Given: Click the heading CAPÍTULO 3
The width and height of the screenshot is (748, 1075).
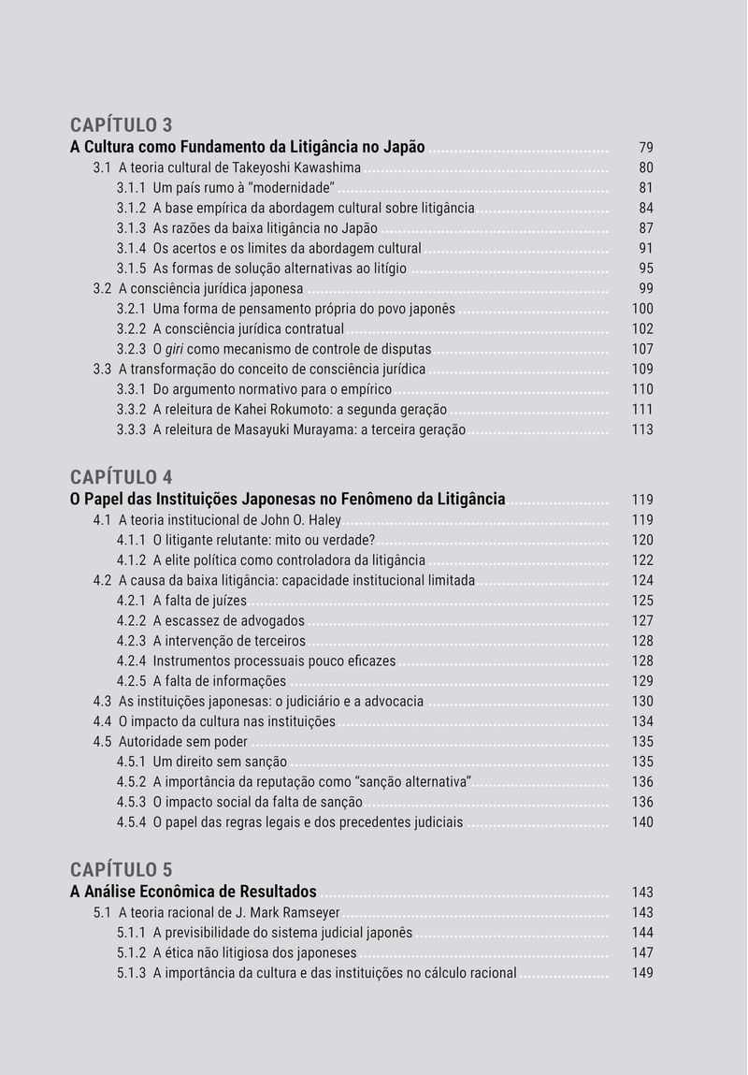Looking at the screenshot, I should [x=122, y=124].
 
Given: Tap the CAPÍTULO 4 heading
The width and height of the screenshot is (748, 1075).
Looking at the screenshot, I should [x=122, y=477].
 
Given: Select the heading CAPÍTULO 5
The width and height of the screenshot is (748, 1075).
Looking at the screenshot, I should [x=122, y=869].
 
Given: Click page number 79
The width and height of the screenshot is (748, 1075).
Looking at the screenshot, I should [x=646, y=148].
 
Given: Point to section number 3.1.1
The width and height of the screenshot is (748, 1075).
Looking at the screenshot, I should [x=131, y=188].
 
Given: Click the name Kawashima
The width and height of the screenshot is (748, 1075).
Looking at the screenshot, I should [x=328, y=168].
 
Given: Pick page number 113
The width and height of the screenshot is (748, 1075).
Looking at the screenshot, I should [x=642, y=430].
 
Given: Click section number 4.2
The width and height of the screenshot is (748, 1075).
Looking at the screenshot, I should [x=103, y=581].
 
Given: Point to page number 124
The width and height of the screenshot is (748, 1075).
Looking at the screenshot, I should [x=642, y=581].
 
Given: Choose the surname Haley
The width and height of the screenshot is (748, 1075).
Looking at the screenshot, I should [x=323, y=520].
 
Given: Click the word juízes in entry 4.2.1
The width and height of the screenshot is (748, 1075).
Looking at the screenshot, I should [x=226, y=601].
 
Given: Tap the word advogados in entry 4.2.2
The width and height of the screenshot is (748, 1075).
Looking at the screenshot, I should [x=271, y=621].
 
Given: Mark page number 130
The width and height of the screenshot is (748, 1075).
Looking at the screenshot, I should [x=642, y=702].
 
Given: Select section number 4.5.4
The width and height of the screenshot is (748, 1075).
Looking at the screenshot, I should [x=131, y=822].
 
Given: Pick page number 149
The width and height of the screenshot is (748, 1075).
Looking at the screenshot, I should [x=642, y=973].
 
